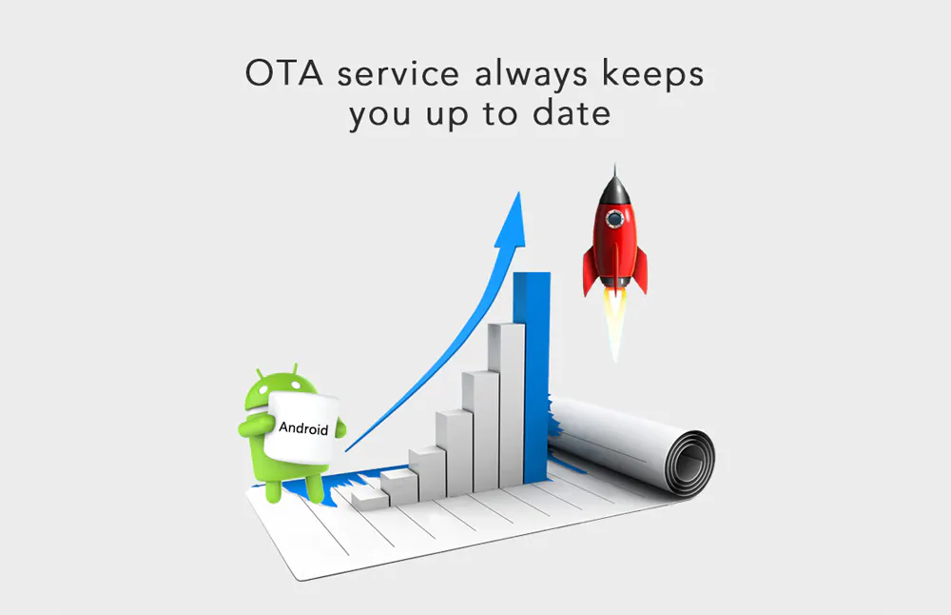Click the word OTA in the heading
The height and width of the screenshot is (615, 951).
click(x=283, y=73)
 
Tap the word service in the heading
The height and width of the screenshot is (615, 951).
click(x=398, y=73)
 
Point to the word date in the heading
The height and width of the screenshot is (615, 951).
click(x=572, y=113)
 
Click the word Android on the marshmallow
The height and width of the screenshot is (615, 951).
click(x=303, y=427)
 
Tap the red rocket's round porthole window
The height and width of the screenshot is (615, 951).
click(x=614, y=217)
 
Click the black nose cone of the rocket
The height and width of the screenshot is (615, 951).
click(x=615, y=186)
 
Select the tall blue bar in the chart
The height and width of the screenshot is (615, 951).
click(x=532, y=376)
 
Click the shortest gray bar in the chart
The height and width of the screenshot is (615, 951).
click(x=369, y=500)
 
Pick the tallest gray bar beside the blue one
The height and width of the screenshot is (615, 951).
click(x=506, y=405)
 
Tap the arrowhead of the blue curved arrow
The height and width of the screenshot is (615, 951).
click(x=513, y=221)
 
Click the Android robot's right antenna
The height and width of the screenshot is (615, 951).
click(x=295, y=369)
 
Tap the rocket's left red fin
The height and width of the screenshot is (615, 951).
click(x=591, y=271)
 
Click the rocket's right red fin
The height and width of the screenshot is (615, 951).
click(x=639, y=270)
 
